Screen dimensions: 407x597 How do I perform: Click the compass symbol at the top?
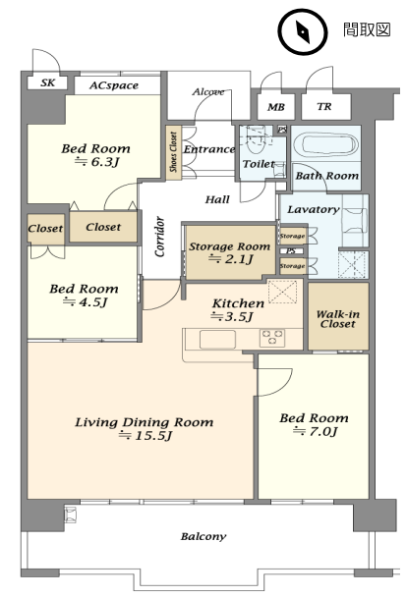pos(303,32)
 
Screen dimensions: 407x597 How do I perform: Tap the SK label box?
pos(47,82)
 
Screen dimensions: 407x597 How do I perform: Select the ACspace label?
pos(114,85)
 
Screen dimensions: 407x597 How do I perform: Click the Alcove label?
pos(208,91)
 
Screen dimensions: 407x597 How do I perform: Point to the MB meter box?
pos(276,107)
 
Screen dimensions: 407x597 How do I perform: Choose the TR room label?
pos(324,107)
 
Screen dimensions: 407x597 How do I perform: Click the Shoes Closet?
pos(173,152)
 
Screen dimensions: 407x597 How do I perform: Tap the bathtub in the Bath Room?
pos(325,143)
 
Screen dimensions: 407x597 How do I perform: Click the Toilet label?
pos(259,164)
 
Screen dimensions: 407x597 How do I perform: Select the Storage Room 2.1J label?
pos(230,252)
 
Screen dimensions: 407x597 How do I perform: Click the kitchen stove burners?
pos(272,338)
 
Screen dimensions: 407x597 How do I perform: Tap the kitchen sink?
pos(217,339)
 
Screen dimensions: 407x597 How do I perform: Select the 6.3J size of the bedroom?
pos(96,162)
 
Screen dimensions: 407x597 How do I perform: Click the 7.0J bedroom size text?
pos(315,431)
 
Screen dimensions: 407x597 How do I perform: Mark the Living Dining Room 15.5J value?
pos(145,435)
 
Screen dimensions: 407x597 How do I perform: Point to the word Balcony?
pos(203,536)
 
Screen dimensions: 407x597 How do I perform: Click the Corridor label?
pos(160,237)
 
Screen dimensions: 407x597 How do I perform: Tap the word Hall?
pos(217,199)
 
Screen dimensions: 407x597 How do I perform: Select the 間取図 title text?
pos(367,29)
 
